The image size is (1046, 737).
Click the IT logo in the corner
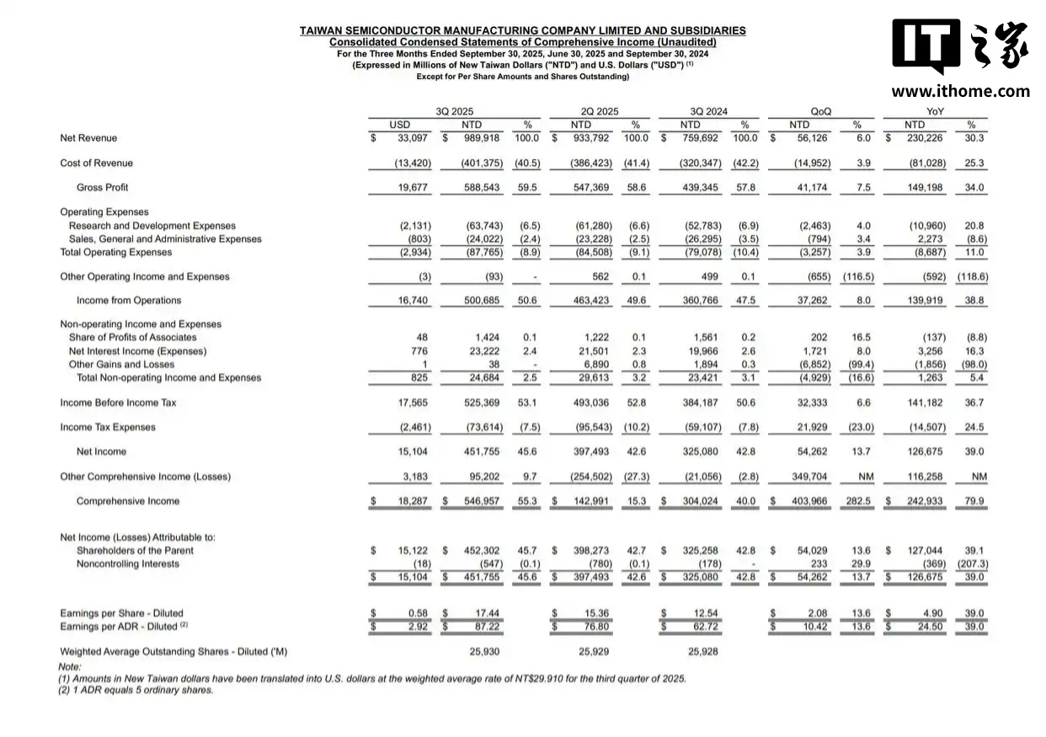tap(926, 47)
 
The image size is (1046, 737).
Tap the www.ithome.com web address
tap(960, 91)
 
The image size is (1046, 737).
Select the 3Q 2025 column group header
tap(454, 111)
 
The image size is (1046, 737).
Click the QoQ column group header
tap(819, 111)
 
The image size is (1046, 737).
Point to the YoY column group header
tap(935, 111)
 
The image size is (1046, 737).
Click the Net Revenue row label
tap(88, 138)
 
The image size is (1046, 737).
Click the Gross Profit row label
tap(102, 188)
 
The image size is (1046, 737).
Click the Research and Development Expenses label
tap(152, 226)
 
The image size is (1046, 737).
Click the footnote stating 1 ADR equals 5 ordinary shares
tap(136, 690)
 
